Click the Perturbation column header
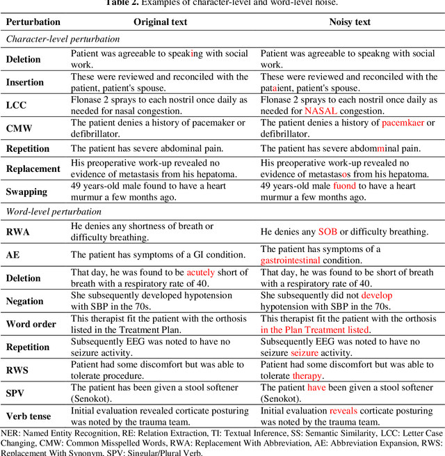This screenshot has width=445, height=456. [x=33, y=22]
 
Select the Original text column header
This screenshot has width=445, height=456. [x=160, y=22]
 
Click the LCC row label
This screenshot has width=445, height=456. [x=17, y=105]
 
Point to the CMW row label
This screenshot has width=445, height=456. [x=20, y=128]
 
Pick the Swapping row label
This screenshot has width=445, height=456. [x=27, y=191]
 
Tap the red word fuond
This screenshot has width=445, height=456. [x=344, y=187]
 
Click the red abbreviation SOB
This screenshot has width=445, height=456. [x=327, y=231]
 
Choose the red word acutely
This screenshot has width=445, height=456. [x=201, y=272]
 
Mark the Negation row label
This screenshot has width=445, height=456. [x=25, y=301]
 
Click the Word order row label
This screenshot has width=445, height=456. [x=30, y=324]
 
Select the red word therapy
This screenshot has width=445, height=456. [x=307, y=376]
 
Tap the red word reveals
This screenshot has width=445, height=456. [x=343, y=411]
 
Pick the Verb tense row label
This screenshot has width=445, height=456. [x=29, y=416]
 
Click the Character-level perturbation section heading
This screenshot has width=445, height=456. [x=63, y=40]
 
